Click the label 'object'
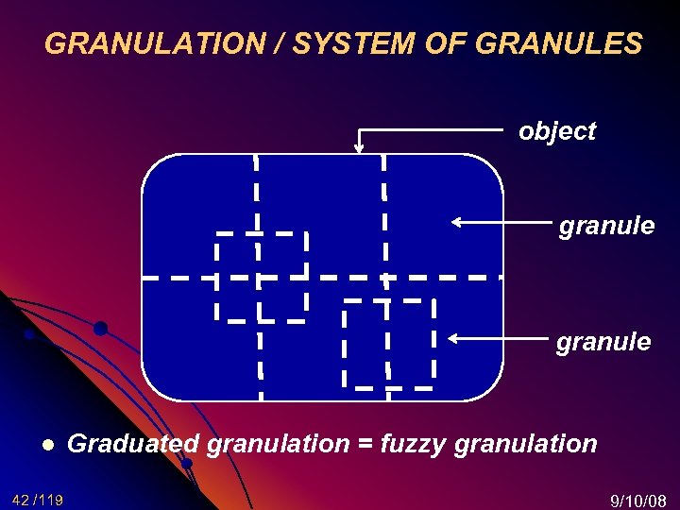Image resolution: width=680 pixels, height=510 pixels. pyautogui.click(x=557, y=131)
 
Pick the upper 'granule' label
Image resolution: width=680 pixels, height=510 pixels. pyautogui.click(x=606, y=226)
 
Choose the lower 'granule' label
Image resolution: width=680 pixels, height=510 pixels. pyautogui.click(x=603, y=341)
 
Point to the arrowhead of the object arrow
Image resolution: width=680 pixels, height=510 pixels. pyautogui.click(x=359, y=147)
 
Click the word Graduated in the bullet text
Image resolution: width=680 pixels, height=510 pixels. pyautogui.click(x=133, y=443)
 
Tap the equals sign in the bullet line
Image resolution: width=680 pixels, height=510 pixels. pyautogui.click(x=365, y=444)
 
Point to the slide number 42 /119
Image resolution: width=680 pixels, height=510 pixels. pyautogui.click(x=38, y=500)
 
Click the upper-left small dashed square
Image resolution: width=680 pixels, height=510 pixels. pyautogui.click(x=262, y=276)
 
